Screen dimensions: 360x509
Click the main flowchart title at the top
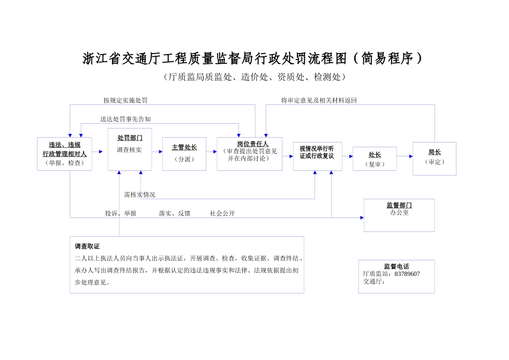tap(253, 58)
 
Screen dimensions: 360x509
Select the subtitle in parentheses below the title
tap(254, 77)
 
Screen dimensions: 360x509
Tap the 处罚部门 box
tap(130, 149)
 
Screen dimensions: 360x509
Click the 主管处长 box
tap(184, 154)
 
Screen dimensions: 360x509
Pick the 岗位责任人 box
tap(250, 154)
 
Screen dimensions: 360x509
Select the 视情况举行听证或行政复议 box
tap(317, 156)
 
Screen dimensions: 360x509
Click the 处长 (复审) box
tap(375, 159)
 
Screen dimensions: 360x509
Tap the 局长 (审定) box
tap(434, 158)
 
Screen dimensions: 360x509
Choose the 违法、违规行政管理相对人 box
tap(64, 154)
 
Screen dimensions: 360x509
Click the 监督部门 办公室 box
tap(399, 215)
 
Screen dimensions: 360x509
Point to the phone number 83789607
tap(407, 274)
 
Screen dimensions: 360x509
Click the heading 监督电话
tap(396, 266)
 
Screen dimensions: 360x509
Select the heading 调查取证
tap(87, 246)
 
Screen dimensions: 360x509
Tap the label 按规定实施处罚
tap(125, 100)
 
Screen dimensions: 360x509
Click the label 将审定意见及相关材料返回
tap(319, 100)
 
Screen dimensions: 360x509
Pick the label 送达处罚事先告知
tap(125, 119)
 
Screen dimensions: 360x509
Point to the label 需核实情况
tap(140, 194)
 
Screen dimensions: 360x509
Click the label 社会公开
tap(222, 213)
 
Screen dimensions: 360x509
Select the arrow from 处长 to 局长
tap(405, 156)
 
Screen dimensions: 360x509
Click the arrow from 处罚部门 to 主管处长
tap(157, 152)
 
